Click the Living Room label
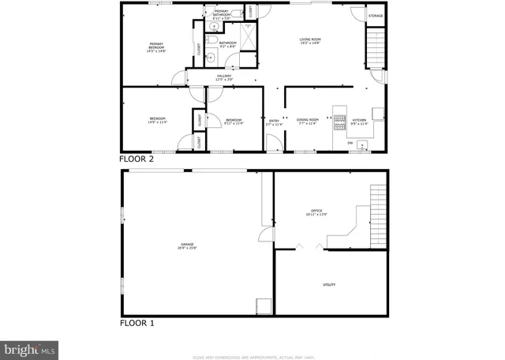point(309,40)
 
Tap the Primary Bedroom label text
point(156,47)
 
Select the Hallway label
point(224,77)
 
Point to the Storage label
point(376,16)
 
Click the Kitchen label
point(358,122)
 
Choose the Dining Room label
point(308,122)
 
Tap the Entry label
point(273,122)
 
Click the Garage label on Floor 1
point(187,246)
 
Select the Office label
point(317,212)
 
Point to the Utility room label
point(328,284)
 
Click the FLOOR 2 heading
point(137,159)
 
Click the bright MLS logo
point(30,347)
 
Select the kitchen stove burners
point(340,122)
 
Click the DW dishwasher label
point(361,143)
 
